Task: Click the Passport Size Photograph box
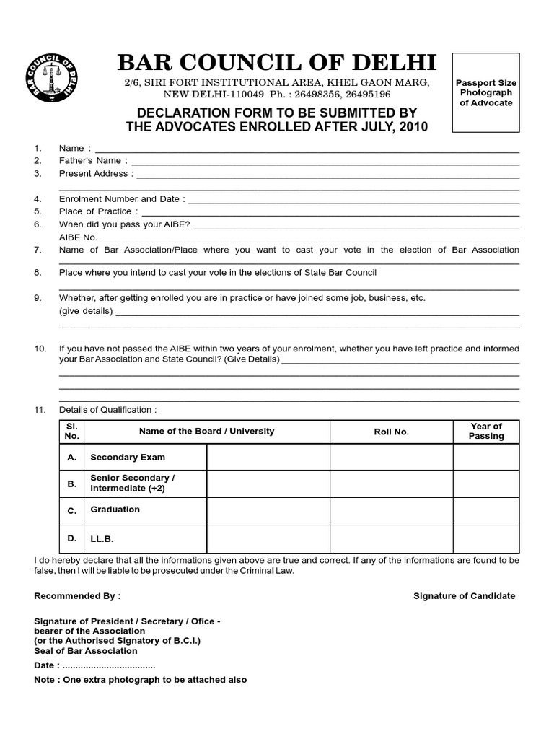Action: [485, 92]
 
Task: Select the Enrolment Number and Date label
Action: [121, 198]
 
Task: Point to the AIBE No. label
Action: [78, 237]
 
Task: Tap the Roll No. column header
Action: [391, 432]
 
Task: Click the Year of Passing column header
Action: [485, 432]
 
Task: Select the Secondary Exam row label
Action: [128, 457]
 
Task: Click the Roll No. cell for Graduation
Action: [391, 511]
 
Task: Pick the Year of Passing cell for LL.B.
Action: [485, 538]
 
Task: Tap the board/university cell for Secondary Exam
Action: [268, 457]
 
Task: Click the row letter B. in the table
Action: [71, 484]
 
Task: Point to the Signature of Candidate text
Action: [464, 596]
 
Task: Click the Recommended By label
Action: [77, 596]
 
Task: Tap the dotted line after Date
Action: [109, 665]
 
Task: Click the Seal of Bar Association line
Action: [85, 651]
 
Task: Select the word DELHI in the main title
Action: [390, 63]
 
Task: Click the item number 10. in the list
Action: [40, 349]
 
